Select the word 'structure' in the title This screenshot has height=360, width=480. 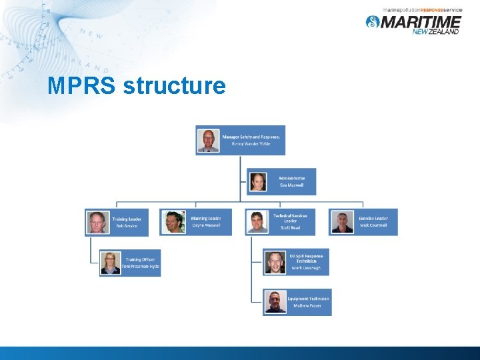(175, 86)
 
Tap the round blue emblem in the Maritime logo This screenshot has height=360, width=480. (373, 22)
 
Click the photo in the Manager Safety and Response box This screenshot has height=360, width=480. (209, 140)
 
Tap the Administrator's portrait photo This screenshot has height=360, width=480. (258, 182)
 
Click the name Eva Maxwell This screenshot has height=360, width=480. (291, 185)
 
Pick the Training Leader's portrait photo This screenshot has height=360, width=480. (97, 222)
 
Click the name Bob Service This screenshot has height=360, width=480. (127, 226)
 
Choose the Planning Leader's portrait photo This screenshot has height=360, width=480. (175, 222)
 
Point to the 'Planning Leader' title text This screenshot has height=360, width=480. (206, 218)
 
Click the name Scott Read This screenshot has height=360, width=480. (290, 228)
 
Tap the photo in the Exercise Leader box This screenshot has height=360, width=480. (343, 222)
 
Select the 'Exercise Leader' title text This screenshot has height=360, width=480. (373, 218)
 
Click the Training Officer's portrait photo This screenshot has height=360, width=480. (110, 263)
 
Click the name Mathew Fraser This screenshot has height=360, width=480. (307, 305)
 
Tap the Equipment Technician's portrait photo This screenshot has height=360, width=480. (275, 302)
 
